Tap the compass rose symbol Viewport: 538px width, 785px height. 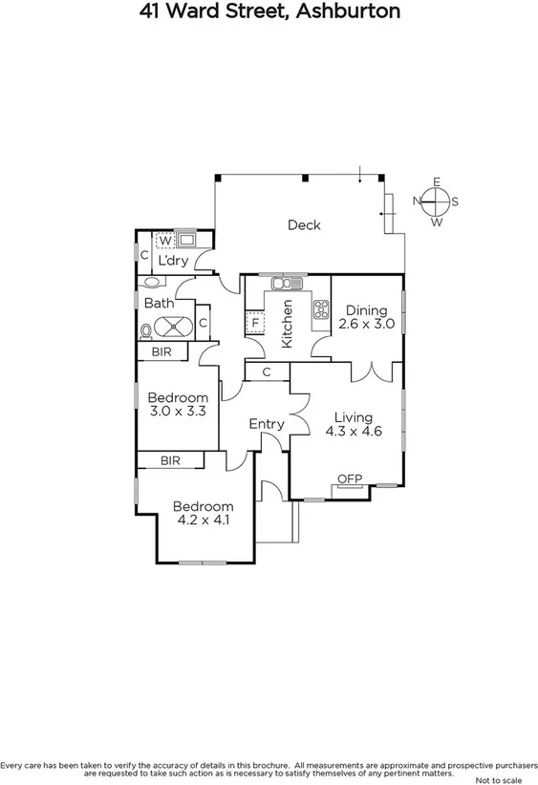436,202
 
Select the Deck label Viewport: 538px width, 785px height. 304,225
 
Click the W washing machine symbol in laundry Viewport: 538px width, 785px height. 164,241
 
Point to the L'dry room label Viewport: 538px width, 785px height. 173,261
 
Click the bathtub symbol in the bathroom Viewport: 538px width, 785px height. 173,329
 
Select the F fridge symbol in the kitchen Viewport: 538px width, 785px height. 255,323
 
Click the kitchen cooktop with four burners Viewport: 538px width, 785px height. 319,308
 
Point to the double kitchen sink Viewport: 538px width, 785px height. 284,283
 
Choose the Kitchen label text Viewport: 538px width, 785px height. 286,324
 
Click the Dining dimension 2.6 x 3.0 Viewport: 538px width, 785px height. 366,324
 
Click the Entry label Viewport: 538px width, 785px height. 267,424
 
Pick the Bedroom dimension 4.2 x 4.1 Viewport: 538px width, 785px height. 203,520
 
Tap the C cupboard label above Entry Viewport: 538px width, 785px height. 267,371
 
